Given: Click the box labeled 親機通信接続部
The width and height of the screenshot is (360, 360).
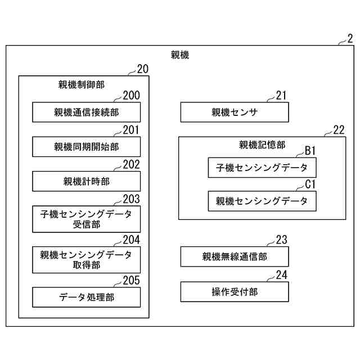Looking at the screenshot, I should tap(86, 112).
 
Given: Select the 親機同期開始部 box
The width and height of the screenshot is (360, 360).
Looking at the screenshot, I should tap(86, 147).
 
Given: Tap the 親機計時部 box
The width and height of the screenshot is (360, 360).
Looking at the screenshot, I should tap(86, 181).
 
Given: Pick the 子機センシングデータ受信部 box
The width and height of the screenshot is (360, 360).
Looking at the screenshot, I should tap(86, 219).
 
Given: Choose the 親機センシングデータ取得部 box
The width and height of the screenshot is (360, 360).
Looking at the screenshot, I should tap(86, 259).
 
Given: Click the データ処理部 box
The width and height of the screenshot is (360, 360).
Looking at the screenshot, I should tap(86, 297).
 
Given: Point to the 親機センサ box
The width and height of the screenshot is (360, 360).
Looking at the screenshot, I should tap(234, 112).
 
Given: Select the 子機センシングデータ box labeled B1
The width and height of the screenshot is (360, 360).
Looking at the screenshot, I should tap(262, 167).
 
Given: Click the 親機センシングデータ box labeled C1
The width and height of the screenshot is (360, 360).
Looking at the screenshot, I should tap(262, 201).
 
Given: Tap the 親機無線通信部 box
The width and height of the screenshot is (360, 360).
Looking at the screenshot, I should tap(234, 256).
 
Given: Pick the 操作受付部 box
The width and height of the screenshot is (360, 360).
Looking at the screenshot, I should tap(234, 291).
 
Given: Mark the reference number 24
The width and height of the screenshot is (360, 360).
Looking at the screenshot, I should tap(281, 275).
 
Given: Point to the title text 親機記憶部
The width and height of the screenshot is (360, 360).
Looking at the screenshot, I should tap(262, 145).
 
